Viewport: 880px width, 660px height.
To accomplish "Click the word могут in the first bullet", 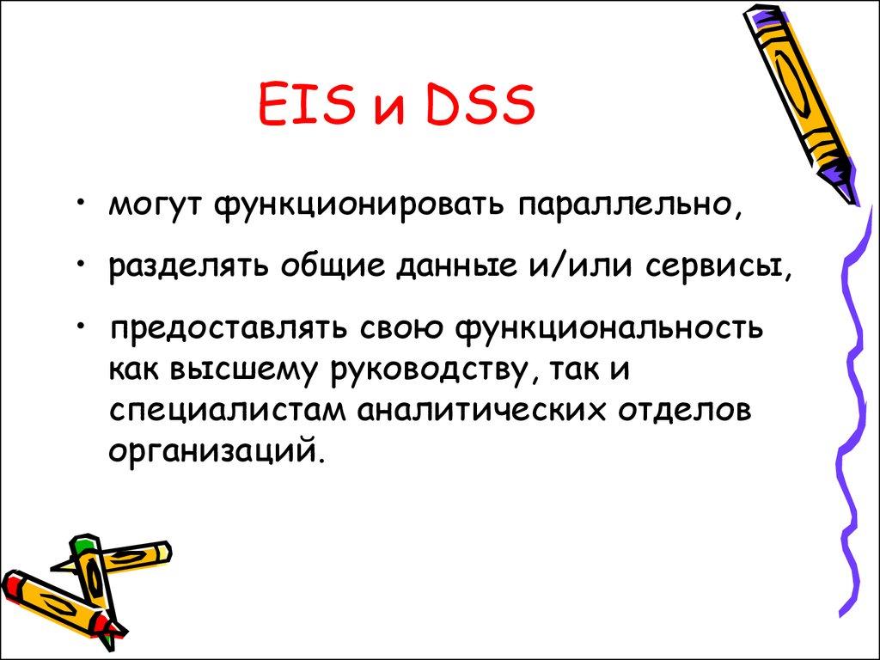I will click(x=156, y=207).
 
